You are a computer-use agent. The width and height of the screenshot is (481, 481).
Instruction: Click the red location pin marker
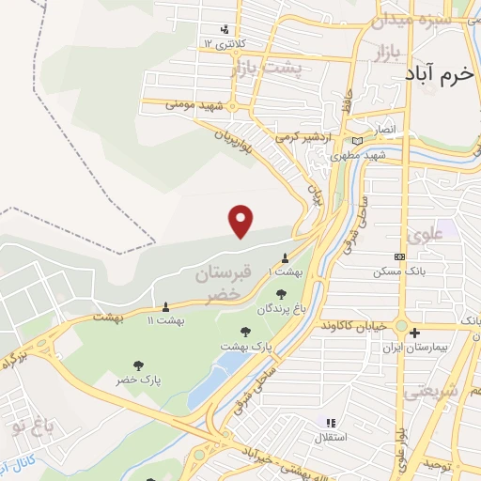coord(241,221)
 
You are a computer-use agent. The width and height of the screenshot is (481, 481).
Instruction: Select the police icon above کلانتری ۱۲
coord(224,28)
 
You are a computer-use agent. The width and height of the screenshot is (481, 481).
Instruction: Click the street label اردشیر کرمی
coord(305,137)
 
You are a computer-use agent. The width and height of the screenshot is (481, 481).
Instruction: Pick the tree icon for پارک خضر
coord(139,365)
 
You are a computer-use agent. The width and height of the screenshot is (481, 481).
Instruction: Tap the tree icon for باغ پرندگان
coord(281,295)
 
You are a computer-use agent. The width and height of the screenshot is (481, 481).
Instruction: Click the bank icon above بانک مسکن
coord(400,256)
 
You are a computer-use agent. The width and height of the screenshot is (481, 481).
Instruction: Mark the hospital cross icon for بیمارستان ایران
coord(414,333)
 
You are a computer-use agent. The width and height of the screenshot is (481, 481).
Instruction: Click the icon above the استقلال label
coord(328,423)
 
